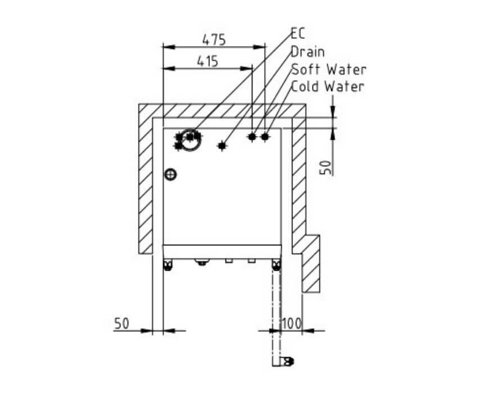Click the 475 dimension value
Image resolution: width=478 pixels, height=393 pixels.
[214, 39]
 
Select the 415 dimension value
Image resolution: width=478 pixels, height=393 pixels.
[208, 62]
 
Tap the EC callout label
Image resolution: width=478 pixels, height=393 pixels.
[298, 34]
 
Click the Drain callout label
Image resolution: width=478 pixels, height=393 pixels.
[308, 52]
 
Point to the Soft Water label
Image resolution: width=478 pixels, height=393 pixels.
[328, 70]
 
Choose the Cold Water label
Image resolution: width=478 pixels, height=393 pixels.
[327, 86]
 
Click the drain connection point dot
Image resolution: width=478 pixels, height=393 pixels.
[222, 146]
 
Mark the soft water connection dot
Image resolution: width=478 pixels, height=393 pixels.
[252, 137]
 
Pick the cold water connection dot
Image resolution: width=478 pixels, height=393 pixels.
[265, 137]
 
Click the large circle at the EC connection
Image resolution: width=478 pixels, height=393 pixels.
[191, 140]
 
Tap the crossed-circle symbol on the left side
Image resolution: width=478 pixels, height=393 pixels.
[170, 175]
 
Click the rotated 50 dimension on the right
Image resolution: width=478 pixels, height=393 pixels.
[326, 167]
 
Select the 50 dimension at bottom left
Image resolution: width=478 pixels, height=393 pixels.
[121, 323]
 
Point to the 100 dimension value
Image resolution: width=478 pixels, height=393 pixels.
[291, 323]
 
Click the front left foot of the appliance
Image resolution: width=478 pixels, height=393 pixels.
[168, 265]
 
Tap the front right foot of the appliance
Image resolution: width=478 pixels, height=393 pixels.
[276, 265]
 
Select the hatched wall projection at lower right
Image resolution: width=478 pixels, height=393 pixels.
[311, 264]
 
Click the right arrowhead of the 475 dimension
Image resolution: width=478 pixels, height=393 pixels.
[259, 47]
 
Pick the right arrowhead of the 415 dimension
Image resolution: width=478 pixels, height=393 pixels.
[246, 68]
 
